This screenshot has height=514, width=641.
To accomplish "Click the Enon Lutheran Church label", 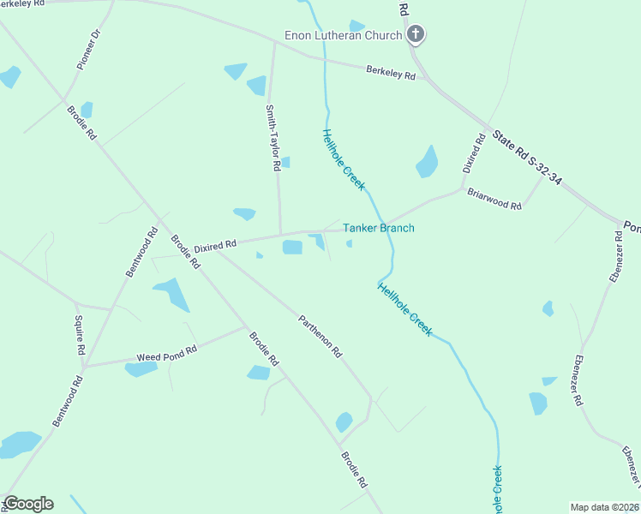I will pos(343,35).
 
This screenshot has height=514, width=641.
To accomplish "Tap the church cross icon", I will pos(416,35).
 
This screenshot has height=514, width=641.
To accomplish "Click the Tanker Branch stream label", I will pos(379,228).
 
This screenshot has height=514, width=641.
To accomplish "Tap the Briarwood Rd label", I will pos(494,200).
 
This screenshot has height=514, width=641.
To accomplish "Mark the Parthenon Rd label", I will pos(320,337).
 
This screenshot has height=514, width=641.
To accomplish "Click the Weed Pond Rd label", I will pos(167,354).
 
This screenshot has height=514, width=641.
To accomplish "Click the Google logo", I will pos(28,504).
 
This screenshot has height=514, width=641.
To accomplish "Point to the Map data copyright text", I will pos(605,507).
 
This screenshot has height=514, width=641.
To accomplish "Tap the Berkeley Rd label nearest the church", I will pos(391,73).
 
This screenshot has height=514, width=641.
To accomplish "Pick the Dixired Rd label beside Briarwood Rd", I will pos(474,153).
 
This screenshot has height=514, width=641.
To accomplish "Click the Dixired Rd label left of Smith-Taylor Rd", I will pos(215,247).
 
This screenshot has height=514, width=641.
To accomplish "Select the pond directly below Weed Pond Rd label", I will pos(141,369).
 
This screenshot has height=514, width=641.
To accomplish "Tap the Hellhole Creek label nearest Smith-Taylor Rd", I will pos(344,159).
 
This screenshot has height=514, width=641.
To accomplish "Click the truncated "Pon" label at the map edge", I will pos(632,227).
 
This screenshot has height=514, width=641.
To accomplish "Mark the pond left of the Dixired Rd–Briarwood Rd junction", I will pos(427,161).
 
